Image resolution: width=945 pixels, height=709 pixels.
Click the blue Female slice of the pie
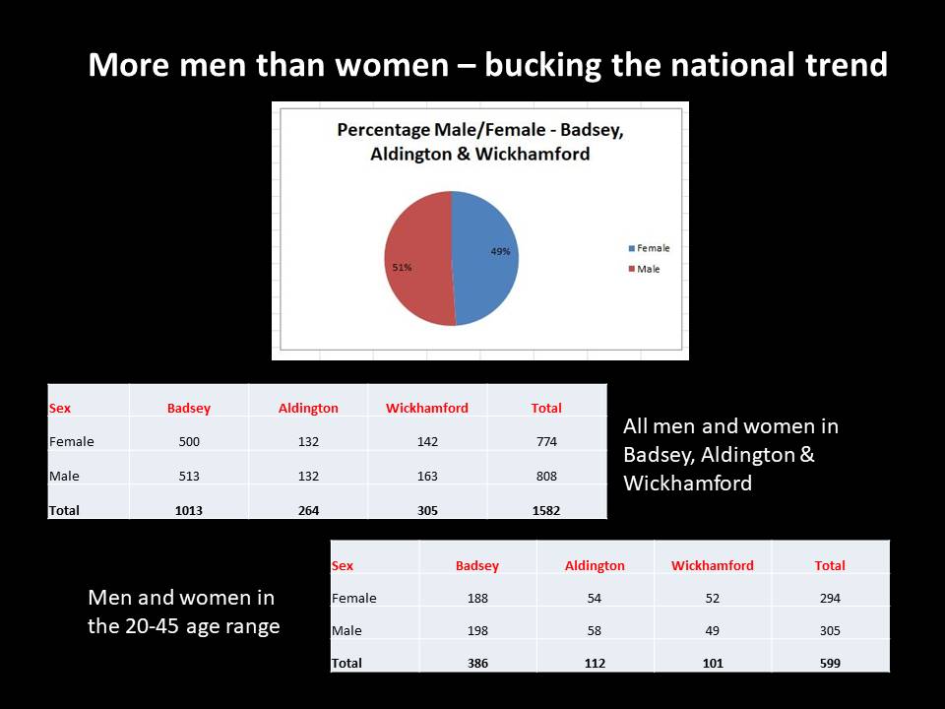click(x=485, y=259)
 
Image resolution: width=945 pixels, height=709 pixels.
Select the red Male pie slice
click(x=418, y=259)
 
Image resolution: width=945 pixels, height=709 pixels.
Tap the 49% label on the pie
click(x=500, y=251)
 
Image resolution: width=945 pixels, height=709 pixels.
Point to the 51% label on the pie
click(x=402, y=267)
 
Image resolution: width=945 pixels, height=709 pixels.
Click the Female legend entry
click(x=649, y=248)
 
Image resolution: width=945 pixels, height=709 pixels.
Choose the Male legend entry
click(x=644, y=269)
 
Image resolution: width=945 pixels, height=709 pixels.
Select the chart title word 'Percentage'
click(x=383, y=130)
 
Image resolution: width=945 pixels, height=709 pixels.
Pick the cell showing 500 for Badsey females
click(x=189, y=441)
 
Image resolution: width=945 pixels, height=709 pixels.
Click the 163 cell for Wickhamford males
click(x=427, y=476)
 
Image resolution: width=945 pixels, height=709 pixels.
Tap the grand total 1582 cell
click(x=546, y=510)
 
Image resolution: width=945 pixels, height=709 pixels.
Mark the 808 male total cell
click(x=546, y=476)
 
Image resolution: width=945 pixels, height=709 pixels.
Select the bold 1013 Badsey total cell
click(x=189, y=510)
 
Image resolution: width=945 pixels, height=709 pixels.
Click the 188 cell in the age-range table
click(x=477, y=598)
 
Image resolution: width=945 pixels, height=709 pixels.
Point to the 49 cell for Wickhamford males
click(x=713, y=630)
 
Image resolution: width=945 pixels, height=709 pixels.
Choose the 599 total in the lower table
click(x=830, y=663)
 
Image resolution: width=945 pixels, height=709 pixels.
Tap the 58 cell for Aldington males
click(x=595, y=630)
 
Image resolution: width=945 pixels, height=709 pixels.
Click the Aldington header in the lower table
click(x=595, y=565)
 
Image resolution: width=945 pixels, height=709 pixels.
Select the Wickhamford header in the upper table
click(x=426, y=408)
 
